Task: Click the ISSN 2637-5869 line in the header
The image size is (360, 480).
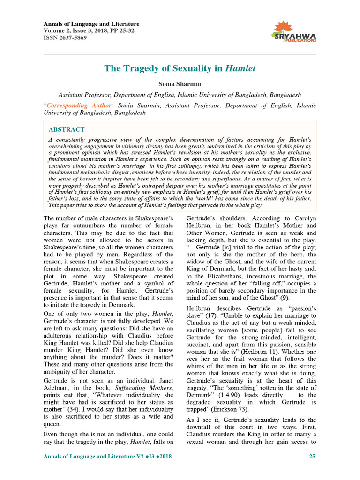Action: [65, 37]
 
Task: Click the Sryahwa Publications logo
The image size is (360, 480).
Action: [294, 32]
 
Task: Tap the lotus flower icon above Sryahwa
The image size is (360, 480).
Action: [283, 27]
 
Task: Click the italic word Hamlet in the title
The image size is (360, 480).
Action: [240, 68]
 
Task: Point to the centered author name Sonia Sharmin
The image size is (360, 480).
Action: [180, 83]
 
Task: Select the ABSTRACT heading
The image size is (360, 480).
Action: [67, 129]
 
